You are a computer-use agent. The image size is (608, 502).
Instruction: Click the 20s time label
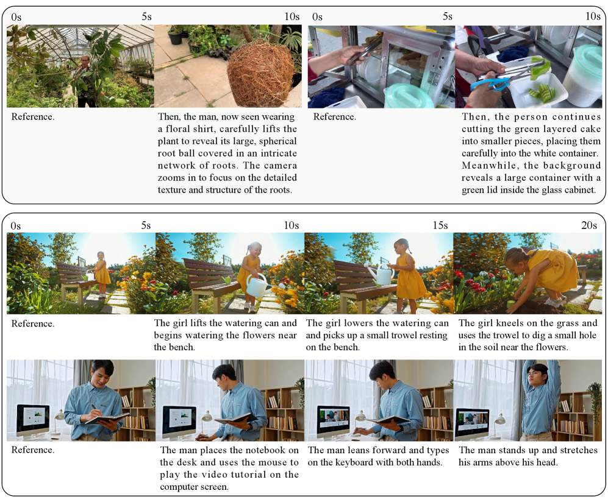pos(589,225)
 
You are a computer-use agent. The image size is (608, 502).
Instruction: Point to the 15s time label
pos(440,225)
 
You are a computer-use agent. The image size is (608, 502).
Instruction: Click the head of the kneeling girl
pos(516,258)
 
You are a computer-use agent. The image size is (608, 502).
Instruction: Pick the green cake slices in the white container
pos(540,93)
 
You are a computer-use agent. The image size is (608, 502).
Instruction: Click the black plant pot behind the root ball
pos(175,37)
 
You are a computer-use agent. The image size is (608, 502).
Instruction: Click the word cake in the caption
pos(592,129)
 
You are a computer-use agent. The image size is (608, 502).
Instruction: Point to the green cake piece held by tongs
pos(540,66)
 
